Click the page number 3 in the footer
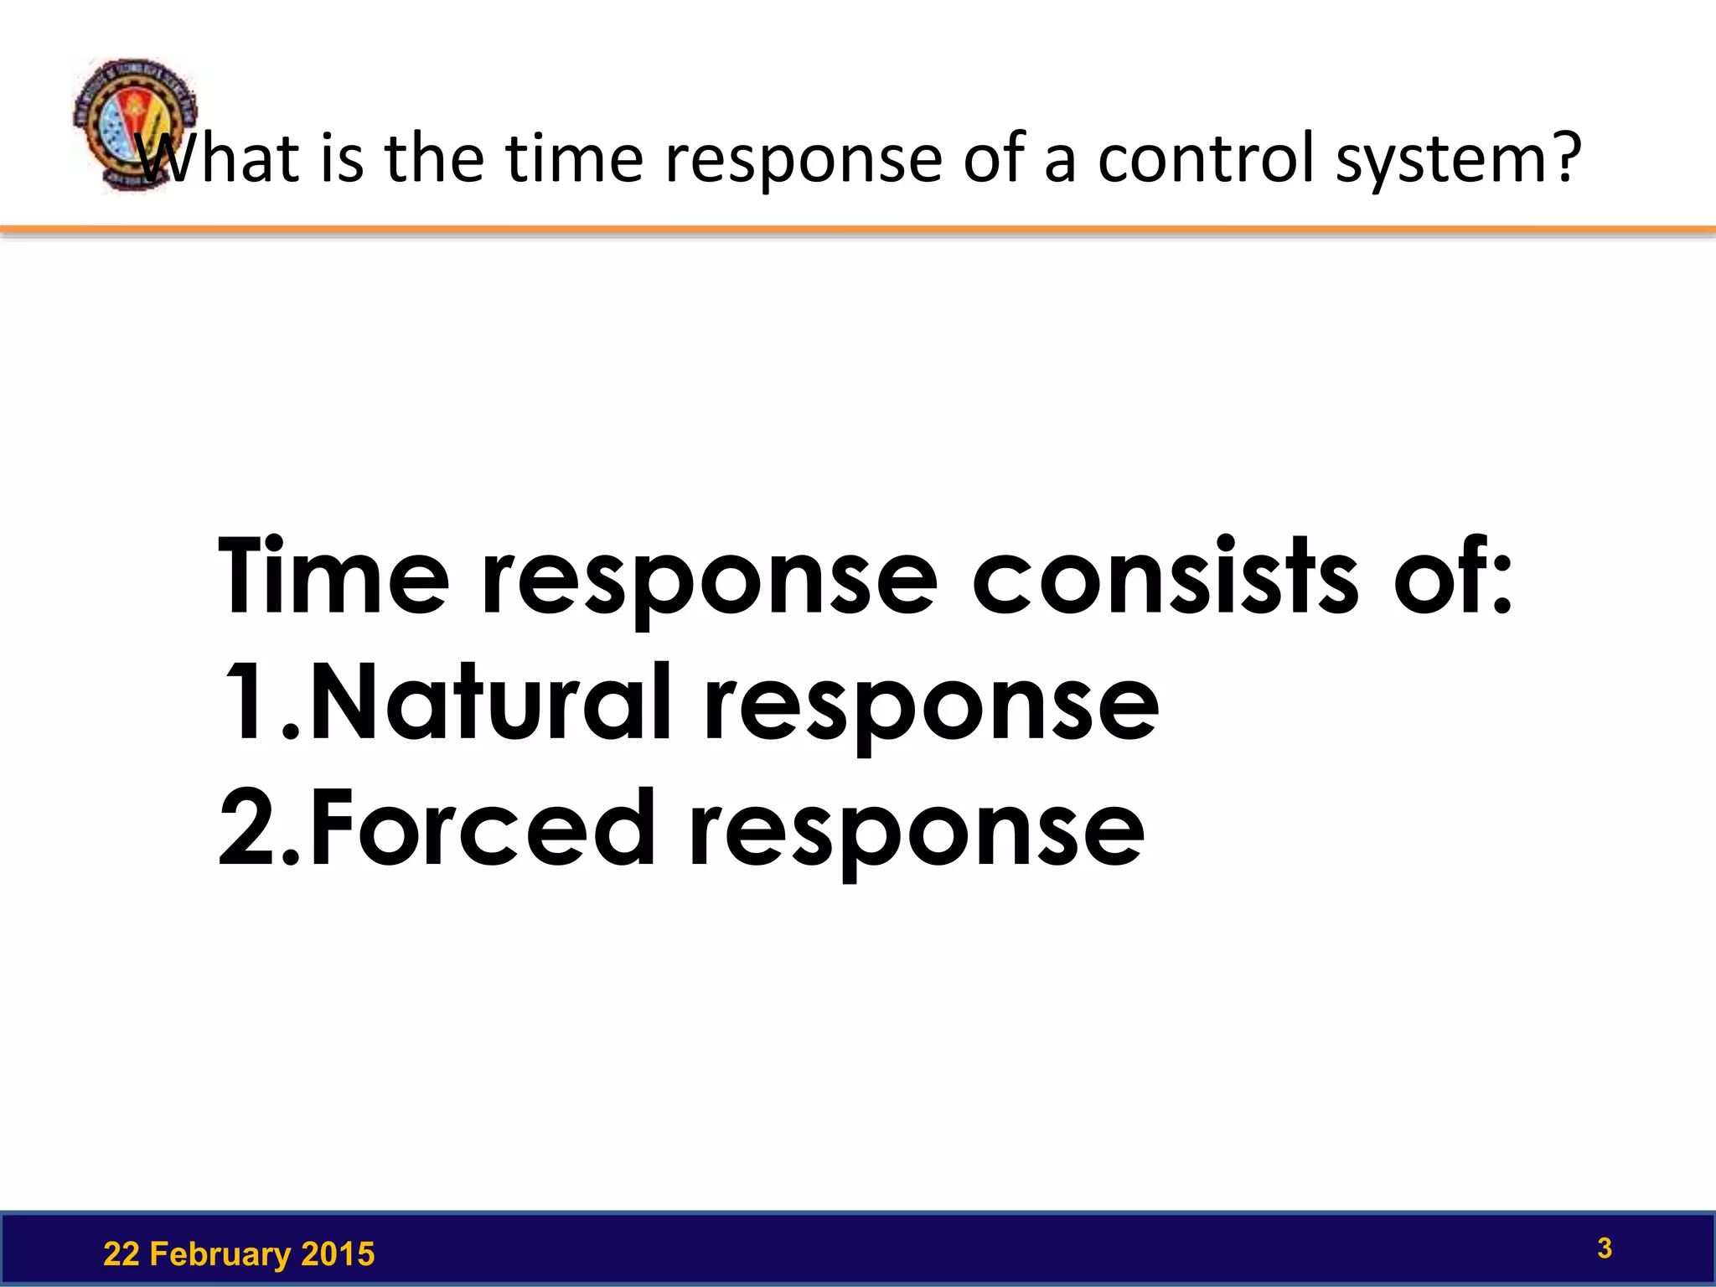[x=1604, y=1248]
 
